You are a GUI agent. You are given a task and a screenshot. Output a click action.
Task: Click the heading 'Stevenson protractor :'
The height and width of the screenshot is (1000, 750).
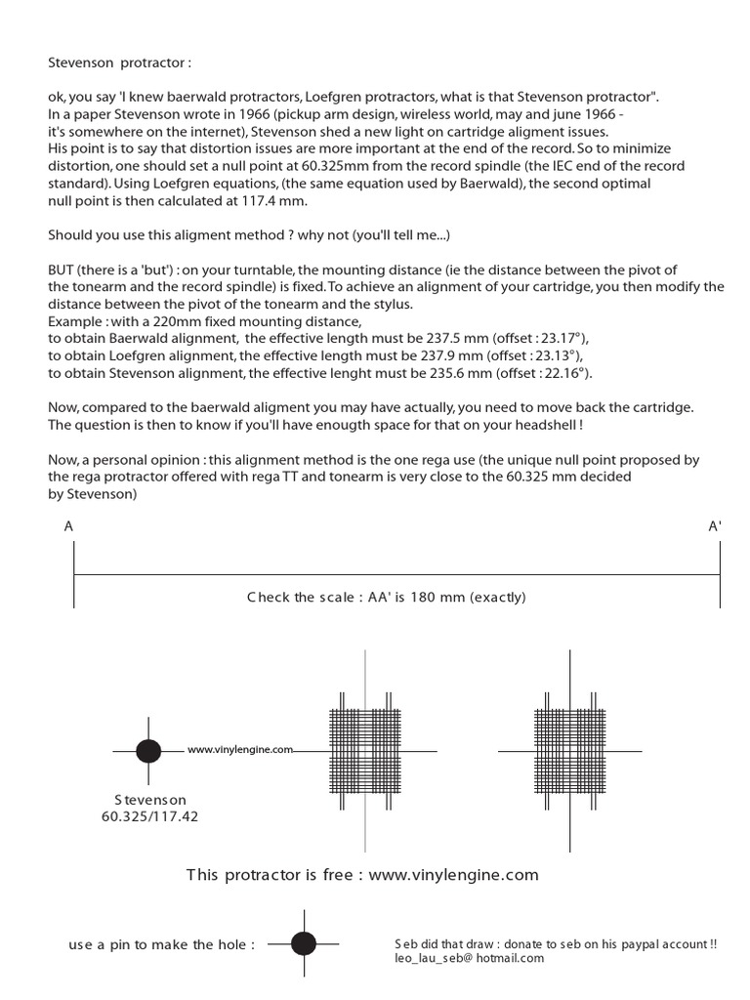pos(120,62)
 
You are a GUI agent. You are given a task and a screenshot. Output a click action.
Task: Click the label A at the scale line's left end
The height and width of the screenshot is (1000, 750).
pos(68,525)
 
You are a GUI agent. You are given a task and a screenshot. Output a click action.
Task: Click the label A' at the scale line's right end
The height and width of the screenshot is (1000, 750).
pos(715,525)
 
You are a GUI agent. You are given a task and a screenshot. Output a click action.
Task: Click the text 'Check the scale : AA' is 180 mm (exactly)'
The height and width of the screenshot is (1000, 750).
pos(386,597)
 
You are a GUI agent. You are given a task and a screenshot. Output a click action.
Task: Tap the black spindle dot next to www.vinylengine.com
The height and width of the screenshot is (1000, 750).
pos(148,751)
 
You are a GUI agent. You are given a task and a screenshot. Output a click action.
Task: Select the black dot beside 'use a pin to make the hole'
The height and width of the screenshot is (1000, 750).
pos(304,943)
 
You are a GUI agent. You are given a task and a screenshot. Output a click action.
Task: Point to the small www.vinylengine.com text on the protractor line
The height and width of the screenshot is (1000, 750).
pos(240,750)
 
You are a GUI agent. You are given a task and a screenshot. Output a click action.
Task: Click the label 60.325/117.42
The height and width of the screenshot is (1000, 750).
pos(149,815)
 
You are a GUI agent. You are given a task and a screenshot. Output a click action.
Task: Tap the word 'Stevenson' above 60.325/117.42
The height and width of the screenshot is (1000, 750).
pos(149,799)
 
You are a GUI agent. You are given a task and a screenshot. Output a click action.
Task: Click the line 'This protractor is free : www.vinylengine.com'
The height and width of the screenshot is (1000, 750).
pos(362,874)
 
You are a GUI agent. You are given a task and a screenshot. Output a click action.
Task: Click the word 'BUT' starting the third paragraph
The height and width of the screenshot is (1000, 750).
pos(62,269)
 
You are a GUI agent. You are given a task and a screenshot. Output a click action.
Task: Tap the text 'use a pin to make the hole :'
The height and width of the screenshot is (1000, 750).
pos(162,944)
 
